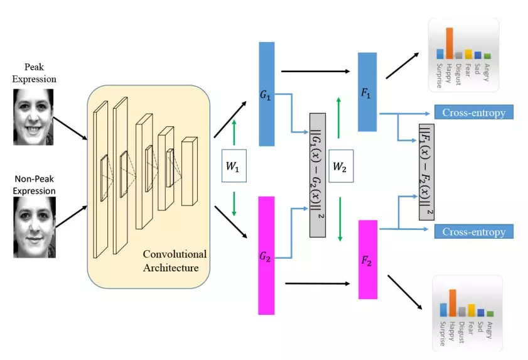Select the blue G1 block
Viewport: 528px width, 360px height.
tap(266, 94)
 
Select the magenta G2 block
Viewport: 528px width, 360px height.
tap(266, 254)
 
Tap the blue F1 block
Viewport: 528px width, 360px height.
tap(367, 92)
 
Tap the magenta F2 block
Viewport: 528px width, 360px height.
tap(367, 258)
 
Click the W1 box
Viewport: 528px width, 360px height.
tap(234, 165)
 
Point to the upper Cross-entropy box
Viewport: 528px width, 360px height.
tap(473, 112)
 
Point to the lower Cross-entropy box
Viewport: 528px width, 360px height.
tap(473, 231)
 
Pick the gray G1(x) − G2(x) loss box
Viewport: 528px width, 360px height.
tap(318, 175)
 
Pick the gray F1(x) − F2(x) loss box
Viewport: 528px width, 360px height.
tap(427, 171)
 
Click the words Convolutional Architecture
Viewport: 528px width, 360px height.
tap(174, 261)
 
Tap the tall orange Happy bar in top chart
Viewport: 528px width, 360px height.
tap(449, 43)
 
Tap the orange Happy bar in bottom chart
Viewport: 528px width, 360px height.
tap(452, 302)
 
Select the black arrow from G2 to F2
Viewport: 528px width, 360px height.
tap(317, 283)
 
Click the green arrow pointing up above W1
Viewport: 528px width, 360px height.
tap(234, 133)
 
